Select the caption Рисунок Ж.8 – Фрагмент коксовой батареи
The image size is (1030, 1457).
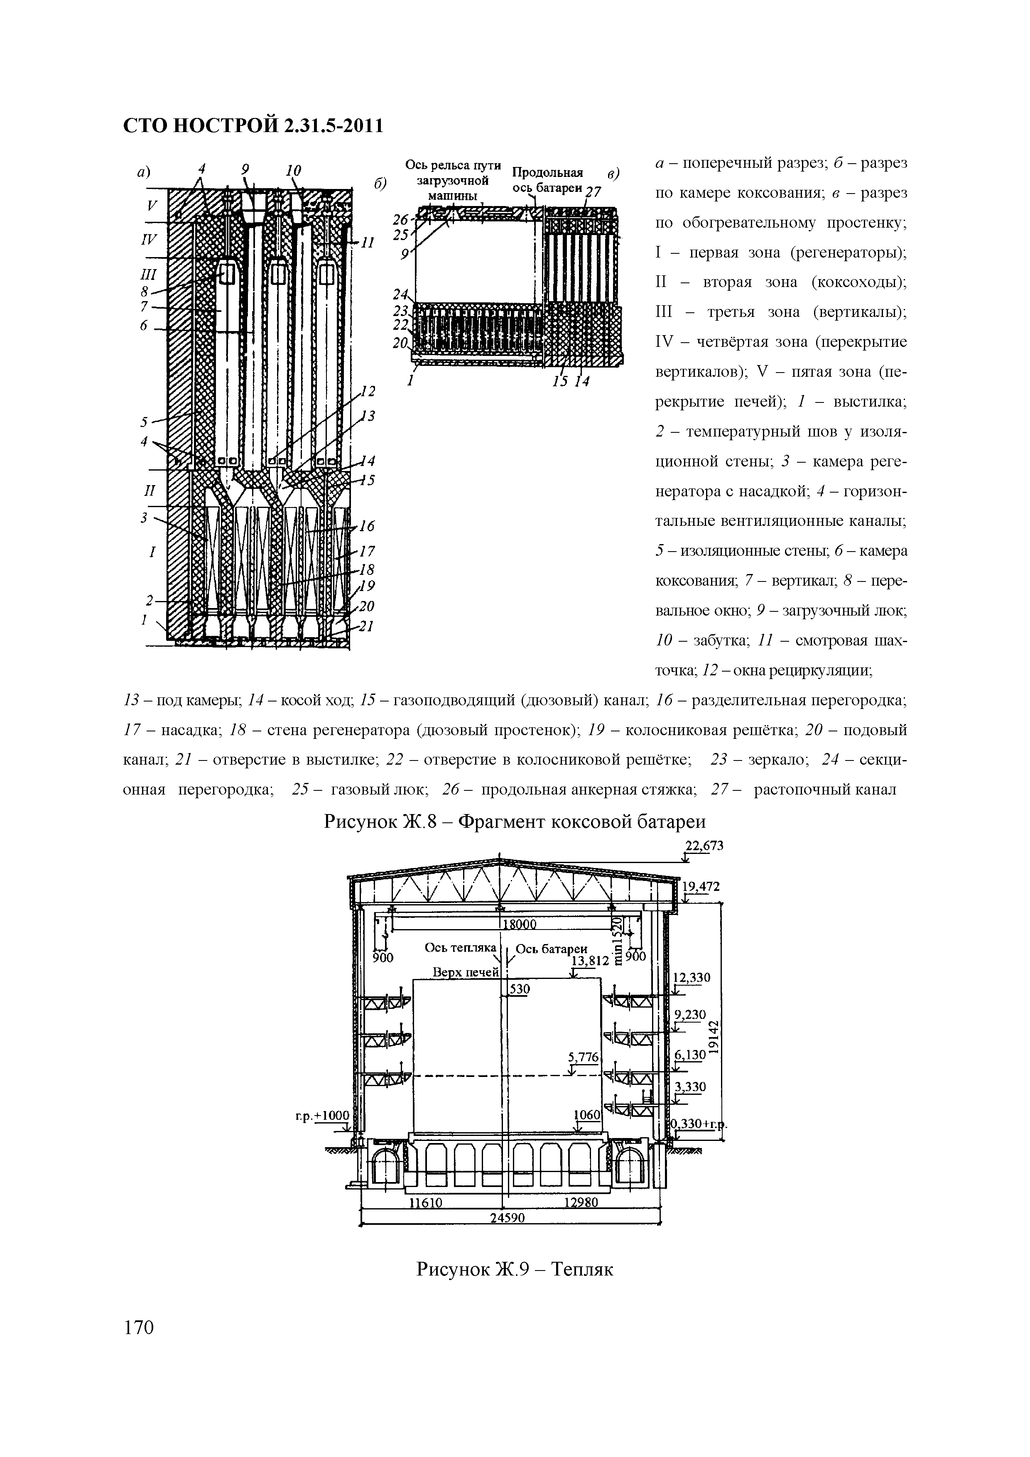click(x=515, y=822)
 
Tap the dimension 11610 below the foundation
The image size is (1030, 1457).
click(x=425, y=1202)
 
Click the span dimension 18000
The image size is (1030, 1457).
click(x=520, y=925)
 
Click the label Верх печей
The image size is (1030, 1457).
click(x=466, y=972)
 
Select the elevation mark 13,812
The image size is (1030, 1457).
click(x=590, y=961)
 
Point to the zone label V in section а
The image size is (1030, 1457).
click(x=152, y=206)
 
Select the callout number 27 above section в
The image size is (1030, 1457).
click(x=593, y=192)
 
